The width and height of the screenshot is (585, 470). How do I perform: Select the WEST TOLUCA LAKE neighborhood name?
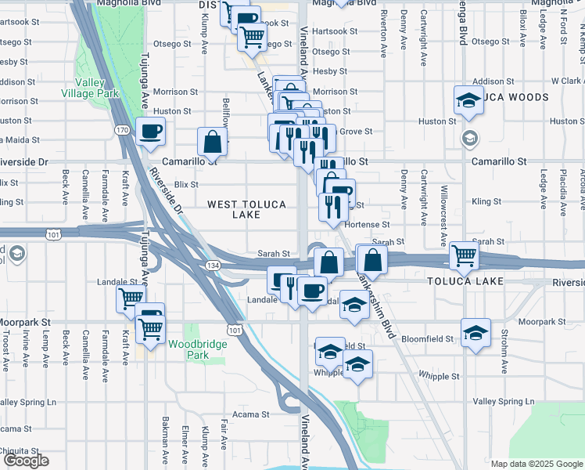[x=246, y=209]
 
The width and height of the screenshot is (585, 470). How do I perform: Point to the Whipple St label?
[x=439, y=376]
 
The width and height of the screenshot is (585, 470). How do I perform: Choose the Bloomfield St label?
[x=428, y=339]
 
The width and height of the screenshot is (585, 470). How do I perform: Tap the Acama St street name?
[x=250, y=414]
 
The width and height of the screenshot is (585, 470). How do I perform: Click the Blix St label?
[x=187, y=184]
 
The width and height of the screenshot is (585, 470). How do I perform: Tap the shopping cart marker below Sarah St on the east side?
[x=465, y=255]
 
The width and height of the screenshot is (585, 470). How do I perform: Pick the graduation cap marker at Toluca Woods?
[x=468, y=100]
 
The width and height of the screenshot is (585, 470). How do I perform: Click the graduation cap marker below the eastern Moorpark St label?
[x=475, y=333]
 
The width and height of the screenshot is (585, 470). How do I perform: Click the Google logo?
[x=26, y=461]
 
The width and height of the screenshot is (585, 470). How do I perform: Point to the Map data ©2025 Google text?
[x=537, y=464]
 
